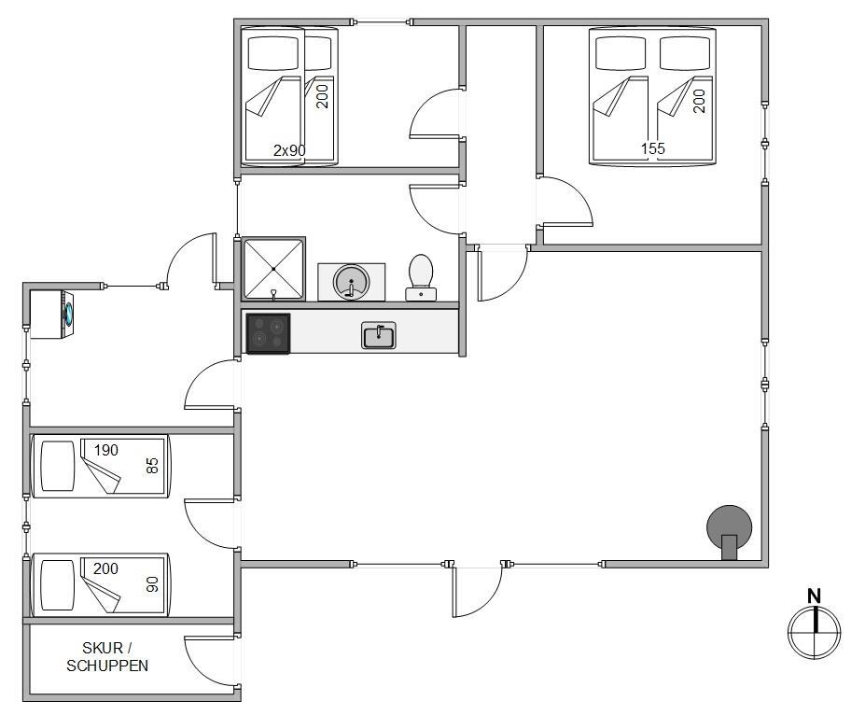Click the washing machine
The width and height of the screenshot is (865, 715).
(x=52, y=314)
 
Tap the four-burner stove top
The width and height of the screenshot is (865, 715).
(x=268, y=333)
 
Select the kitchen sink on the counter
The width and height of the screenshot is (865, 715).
(x=379, y=335)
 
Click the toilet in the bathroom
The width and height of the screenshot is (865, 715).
(x=421, y=277)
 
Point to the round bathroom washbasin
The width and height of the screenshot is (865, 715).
(x=351, y=282)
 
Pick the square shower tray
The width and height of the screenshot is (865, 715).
(x=273, y=269)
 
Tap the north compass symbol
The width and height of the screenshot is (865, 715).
(x=815, y=632)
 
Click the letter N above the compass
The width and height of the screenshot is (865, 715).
(x=815, y=596)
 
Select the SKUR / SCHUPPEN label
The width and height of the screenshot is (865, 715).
(x=107, y=657)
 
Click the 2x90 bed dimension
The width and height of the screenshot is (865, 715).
(x=289, y=150)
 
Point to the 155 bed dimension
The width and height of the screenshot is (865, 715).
(x=653, y=148)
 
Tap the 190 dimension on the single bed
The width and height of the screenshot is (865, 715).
(x=106, y=450)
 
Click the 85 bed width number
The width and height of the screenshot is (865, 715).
(x=152, y=466)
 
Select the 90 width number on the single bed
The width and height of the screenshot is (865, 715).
(x=152, y=584)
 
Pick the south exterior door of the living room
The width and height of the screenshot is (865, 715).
(x=477, y=590)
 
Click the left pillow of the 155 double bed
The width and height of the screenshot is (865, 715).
(x=621, y=53)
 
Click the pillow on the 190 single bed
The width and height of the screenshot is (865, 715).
(x=58, y=466)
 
